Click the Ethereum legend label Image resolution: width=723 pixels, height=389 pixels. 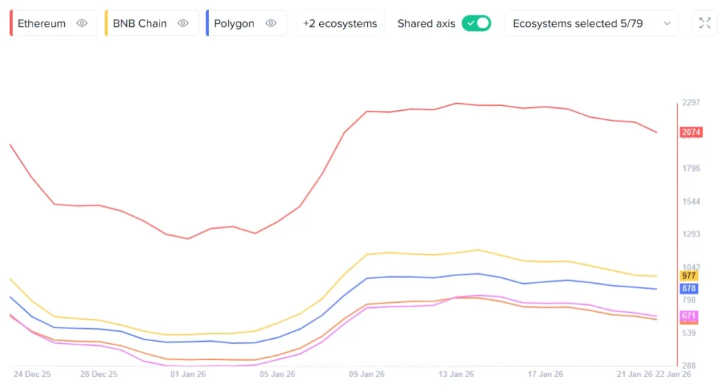(x=42, y=23)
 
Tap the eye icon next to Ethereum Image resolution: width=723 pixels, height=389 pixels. (x=82, y=23)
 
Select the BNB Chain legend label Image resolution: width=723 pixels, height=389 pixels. (x=140, y=23)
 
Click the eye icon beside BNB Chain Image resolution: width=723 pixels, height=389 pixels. (x=184, y=23)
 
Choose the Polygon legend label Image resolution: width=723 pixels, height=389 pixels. (x=234, y=23)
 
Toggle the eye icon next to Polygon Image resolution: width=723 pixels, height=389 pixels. (x=271, y=23)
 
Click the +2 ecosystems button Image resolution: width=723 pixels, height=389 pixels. (x=340, y=23)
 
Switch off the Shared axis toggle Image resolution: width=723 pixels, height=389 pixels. (x=476, y=23)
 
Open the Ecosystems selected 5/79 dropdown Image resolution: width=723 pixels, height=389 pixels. (x=591, y=23)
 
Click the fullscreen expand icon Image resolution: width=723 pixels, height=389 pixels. (x=705, y=23)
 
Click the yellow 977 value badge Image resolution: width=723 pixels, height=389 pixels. (x=689, y=276)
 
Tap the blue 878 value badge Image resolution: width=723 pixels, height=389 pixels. (x=689, y=289)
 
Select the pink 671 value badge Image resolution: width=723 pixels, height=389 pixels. (x=689, y=316)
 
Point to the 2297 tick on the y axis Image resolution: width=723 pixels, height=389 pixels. (x=692, y=103)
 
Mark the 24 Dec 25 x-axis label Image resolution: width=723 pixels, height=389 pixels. (x=32, y=374)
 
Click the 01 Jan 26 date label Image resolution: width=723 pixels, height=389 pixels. (x=189, y=374)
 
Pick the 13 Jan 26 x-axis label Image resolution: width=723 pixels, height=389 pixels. (x=455, y=374)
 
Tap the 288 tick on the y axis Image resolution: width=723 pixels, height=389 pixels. (x=690, y=366)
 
